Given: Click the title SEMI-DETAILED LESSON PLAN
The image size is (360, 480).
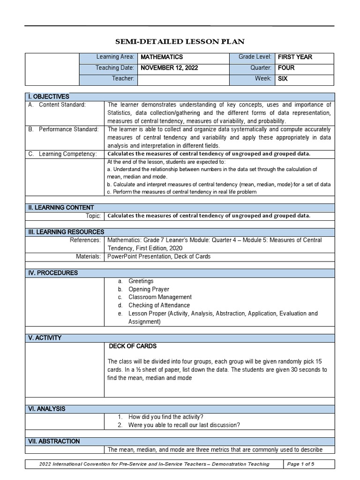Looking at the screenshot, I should click(x=180, y=41).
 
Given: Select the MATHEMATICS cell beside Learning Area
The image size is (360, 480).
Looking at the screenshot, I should click(x=162, y=57).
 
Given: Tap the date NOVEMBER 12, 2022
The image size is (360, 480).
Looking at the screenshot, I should click(x=169, y=68).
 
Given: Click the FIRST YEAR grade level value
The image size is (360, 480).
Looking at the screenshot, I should click(x=295, y=57).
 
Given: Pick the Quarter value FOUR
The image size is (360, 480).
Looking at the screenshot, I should click(x=286, y=68).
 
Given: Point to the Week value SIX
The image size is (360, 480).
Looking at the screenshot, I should click(x=283, y=79).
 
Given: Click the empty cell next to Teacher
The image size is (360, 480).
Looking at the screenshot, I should click(x=183, y=79).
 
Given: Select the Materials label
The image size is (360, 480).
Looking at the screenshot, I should click(x=88, y=256).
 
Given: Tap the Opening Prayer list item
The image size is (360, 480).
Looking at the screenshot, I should click(x=149, y=289).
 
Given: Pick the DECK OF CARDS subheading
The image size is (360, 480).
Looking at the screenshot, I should click(x=133, y=346).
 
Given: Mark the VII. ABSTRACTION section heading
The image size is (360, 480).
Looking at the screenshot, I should click(x=54, y=442).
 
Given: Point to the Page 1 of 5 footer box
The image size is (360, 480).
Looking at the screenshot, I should click(x=309, y=464).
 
